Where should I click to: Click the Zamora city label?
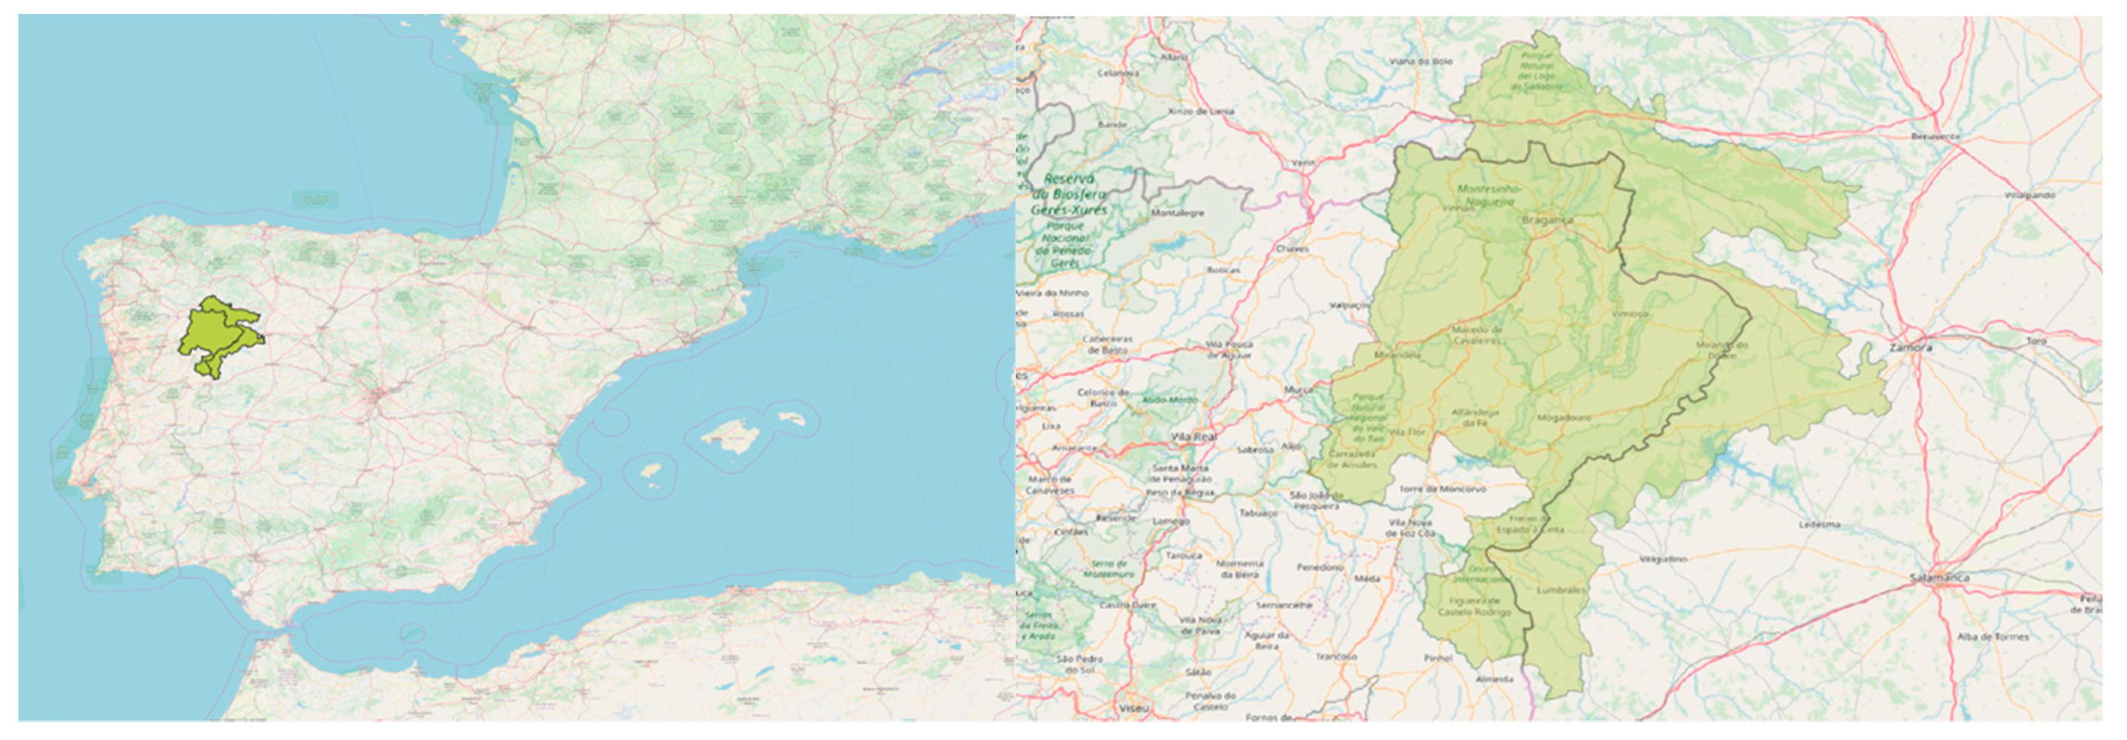[1910, 347]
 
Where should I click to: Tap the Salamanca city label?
[1940, 578]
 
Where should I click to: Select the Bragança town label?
[1546, 220]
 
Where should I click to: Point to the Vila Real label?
[1193, 436]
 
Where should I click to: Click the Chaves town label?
[1292, 248]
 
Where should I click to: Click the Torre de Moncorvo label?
[1441, 489]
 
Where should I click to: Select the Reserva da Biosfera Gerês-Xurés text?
[1070, 194]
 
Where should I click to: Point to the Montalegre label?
[1177, 213]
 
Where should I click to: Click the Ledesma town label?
[1820, 525]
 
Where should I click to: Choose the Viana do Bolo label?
[1420, 61]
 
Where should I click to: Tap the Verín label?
[1303, 163]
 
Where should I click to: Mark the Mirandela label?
[1397, 355]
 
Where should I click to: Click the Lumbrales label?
[1561, 591]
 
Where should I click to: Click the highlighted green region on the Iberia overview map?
[216, 335]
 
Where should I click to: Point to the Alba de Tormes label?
[1992, 636]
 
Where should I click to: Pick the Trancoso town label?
[1336, 657]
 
